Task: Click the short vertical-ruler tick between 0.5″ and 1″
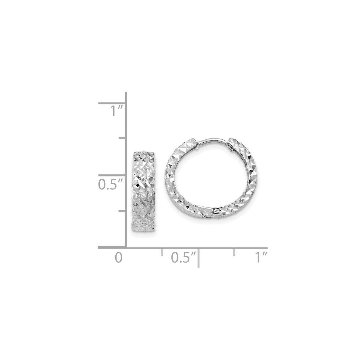tap(122, 138)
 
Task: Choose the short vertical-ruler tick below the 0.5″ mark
tap(122, 211)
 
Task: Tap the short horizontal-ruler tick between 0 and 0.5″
tap(162, 252)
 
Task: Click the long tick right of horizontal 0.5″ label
tap(198, 257)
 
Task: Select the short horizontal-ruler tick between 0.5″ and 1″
tap(234, 252)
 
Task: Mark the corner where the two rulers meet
tap(126, 247)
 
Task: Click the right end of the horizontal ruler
tap(267, 247)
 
